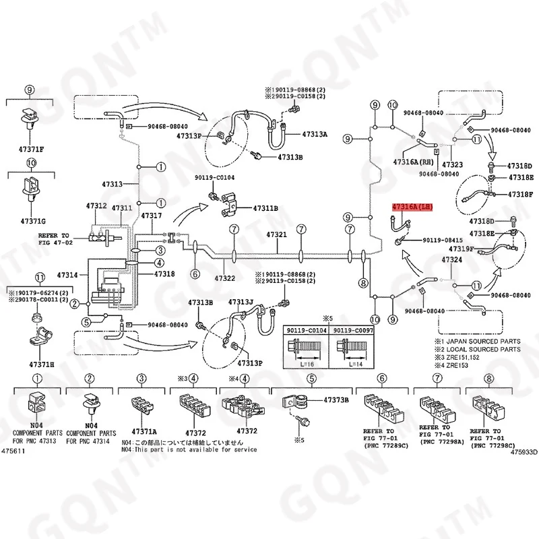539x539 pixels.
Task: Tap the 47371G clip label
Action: pos(32,221)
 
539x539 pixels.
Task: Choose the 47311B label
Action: pos(265,209)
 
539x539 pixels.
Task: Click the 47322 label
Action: pos(224,278)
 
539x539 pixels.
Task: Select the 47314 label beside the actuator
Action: pos(68,275)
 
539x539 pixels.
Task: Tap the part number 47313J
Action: pos(241,302)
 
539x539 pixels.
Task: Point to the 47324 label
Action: pos(451,260)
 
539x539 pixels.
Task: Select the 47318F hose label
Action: pos(520,195)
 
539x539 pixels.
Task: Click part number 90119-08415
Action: pos(443,241)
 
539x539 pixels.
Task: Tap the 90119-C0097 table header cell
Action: pos(354,331)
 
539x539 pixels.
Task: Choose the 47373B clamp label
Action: pos(336,400)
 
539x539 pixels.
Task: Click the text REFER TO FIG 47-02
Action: pos(54,239)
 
